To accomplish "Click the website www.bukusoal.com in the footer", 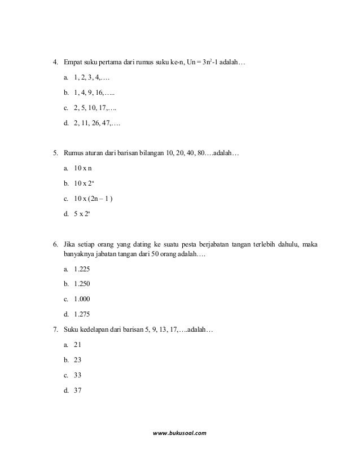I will coord(180,433).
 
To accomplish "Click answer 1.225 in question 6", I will coord(82,269).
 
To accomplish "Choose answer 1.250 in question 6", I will coord(82,284).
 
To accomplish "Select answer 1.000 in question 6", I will coord(82,299).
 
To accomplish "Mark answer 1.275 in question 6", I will coord(82,314).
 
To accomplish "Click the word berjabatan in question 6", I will coord(214,244).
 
